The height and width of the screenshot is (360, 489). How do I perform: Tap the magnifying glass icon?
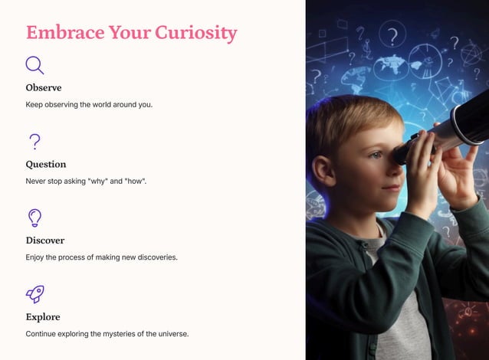[34, 65]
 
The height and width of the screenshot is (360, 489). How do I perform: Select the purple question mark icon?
[34, 141]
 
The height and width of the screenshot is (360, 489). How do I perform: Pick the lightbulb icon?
[34, 218]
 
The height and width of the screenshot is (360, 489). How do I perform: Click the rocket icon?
[34, 293]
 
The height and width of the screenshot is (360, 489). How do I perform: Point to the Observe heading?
[44, 87]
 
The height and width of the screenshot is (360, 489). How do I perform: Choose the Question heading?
[46, 164]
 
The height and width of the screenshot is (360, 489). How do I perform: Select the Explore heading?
[43, 316]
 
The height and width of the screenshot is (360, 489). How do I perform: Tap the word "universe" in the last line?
[169, 334]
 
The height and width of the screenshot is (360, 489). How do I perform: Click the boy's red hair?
[345, 123]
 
